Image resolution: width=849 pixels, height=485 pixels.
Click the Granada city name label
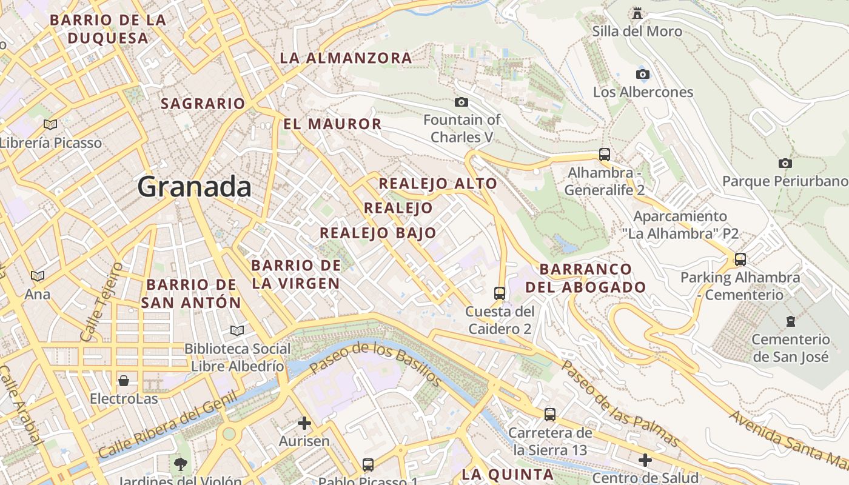194,187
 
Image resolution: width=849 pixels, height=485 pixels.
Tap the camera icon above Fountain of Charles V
461,102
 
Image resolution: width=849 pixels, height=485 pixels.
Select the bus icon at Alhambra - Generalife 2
604,154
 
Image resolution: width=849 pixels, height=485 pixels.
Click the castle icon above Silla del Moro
637,12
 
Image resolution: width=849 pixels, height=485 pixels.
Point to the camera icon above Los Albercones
643,74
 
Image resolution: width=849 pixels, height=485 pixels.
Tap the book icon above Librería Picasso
50,124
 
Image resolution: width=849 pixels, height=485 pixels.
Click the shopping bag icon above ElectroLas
124,380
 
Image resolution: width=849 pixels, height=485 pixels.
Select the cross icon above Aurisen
304,423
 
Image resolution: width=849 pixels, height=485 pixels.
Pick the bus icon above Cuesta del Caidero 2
500,293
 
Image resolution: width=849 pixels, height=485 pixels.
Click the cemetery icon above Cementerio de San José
790,321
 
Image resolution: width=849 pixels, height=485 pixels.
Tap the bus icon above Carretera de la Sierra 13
550,414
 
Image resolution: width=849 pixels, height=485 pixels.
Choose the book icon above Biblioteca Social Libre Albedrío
237,330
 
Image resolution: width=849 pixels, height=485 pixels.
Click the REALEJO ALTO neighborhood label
438,183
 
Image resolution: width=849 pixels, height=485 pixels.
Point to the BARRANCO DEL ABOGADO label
585,278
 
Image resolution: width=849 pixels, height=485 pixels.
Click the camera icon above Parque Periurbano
785,163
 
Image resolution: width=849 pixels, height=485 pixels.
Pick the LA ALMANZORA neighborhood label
346,58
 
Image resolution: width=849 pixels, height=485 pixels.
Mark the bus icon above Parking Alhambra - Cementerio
740,259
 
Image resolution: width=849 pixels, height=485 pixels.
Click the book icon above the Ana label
38,276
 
